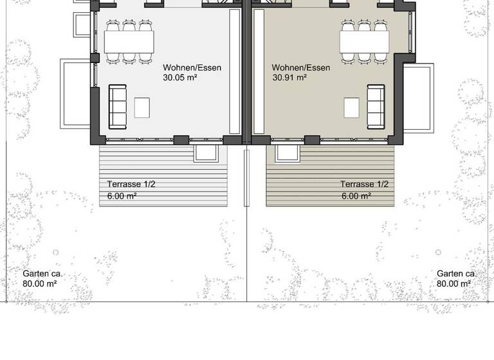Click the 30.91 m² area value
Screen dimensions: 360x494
(x=290, y=78)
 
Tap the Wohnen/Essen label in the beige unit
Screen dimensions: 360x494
(x=301, y=67)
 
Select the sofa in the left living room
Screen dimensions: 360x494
(x=118, y=107)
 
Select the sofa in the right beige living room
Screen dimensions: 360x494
(x=376, y=107)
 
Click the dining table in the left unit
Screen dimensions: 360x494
(x=129, y=42)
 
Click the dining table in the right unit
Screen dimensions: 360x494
(x=365, y=42)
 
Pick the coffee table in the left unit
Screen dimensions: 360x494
(x=142, y=107)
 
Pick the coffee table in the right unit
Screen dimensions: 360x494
(x=351, y=107)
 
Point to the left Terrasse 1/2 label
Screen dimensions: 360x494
(x=131, y=184)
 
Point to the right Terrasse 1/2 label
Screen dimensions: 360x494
(x=365, y=184)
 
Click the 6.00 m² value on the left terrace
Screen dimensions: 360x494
(x=122, y=196)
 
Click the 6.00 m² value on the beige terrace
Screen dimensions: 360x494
(x=355, y=196)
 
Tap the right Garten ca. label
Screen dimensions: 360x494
(x=456, y=273)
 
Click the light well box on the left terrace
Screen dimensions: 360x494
(x=206, y=153)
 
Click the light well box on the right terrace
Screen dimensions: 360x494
(x=287, y=153)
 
